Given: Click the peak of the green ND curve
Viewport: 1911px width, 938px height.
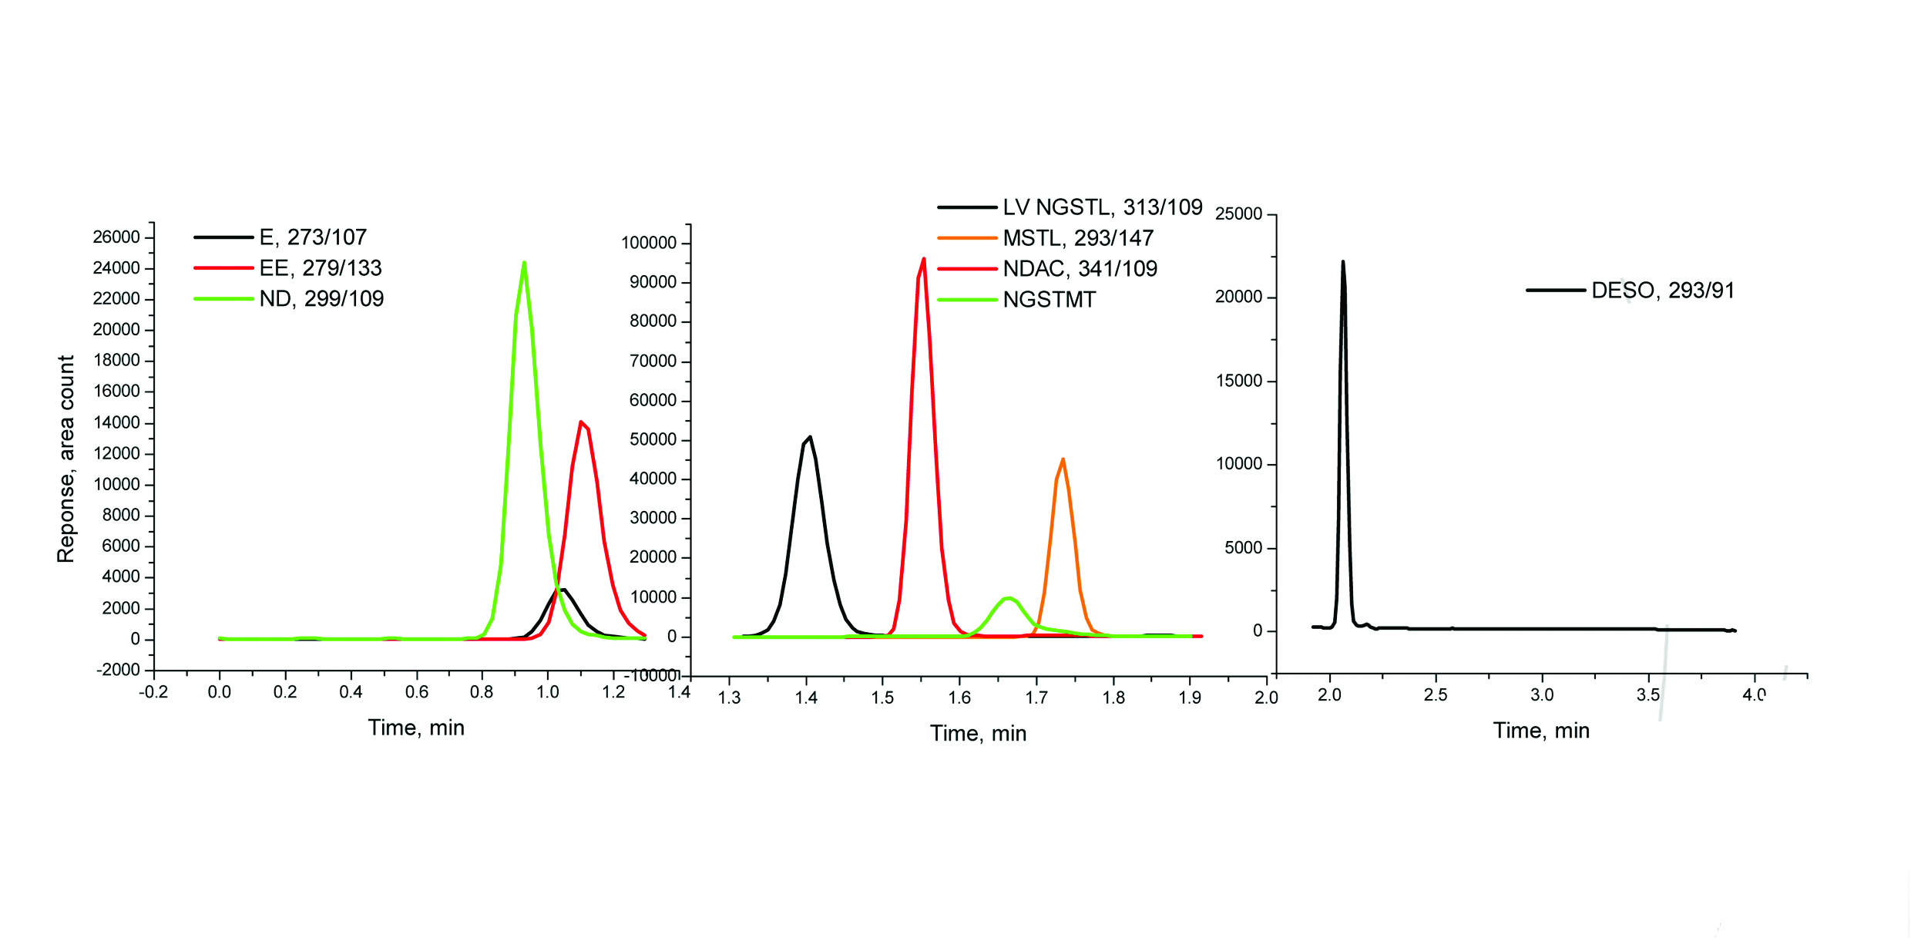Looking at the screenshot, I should tap(524, 264).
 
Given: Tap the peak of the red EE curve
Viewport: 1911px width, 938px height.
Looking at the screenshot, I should tap(581, 422).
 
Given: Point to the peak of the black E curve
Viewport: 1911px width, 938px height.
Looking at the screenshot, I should tap(564, 590).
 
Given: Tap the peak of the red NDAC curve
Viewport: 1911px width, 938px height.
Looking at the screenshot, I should tap(923, 260).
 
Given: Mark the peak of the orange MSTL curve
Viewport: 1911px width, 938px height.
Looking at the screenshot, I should tap(1063, 460).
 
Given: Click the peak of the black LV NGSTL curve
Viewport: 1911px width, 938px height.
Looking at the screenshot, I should tap(810, 438).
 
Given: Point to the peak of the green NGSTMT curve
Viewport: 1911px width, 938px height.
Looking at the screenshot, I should tap(1008, 598).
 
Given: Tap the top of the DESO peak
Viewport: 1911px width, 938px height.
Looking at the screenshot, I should tap(1342, 262).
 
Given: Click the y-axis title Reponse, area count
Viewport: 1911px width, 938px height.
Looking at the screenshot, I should tap(66, 459).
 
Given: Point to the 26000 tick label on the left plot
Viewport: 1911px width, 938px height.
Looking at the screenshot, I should tap(116, 237).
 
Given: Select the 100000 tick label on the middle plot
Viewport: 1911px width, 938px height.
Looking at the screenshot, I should tap(649, 244).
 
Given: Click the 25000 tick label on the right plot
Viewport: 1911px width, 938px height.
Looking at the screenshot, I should tap(1238, 214).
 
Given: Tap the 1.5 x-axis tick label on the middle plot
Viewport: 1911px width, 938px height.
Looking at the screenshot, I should tap(882, 698).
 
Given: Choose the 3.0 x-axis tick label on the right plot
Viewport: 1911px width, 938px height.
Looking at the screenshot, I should tap(1542, 695).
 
